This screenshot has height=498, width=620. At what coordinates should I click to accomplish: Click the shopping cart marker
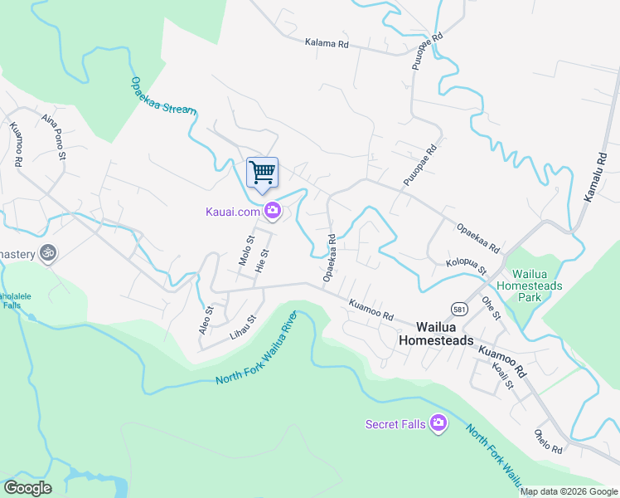tap(262, 173)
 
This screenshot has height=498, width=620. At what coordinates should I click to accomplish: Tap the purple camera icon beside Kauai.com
tap(272, 212)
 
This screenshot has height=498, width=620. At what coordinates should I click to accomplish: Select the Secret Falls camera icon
tap(438, 424)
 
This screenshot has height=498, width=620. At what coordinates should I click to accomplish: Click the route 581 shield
tap(458, 309)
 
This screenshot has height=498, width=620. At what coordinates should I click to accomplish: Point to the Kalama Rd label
tap(327, 43)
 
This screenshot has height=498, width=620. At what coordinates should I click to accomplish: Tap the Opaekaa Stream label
tap(162, 95)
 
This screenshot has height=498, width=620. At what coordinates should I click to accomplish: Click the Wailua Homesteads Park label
tap(536, 285)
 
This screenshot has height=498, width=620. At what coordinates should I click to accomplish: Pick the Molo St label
tap(245, 250)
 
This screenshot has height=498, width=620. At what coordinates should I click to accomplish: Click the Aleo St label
tap(206, 320)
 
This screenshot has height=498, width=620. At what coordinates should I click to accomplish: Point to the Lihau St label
tap(243, 329)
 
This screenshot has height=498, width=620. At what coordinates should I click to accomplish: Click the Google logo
tap(27, 488)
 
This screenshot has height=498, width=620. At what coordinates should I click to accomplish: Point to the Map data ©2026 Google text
tap(569, 491)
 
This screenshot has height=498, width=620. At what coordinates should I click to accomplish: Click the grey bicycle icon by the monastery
tap(48, 253)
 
